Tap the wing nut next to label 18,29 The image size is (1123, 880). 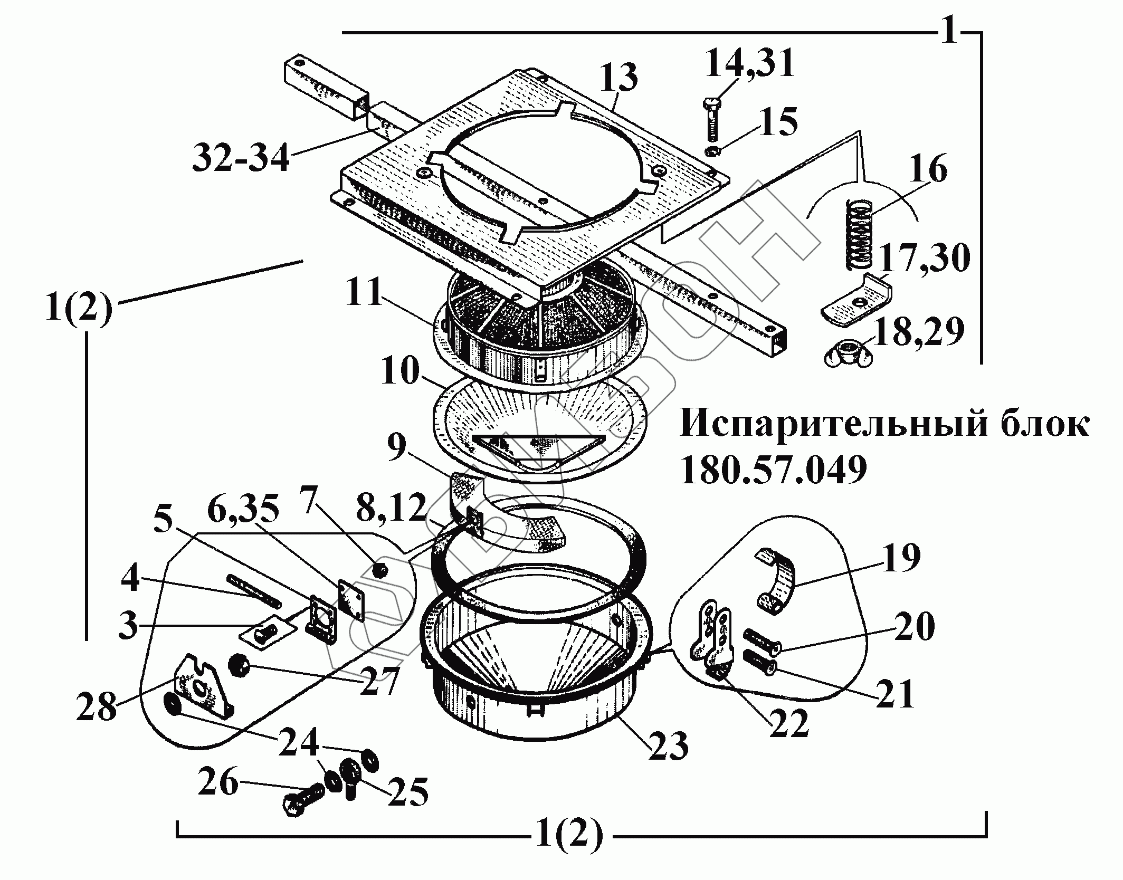(x=848, y=353)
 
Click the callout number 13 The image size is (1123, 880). (x=619, y=78)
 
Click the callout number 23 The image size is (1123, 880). (x=668, y=747)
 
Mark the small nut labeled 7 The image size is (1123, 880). (x=379, y=570)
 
